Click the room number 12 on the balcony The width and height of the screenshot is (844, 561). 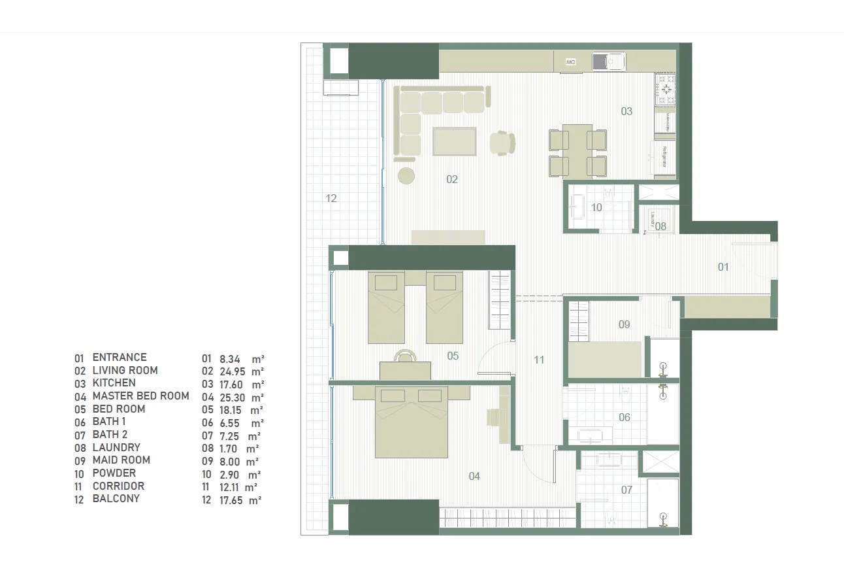331,198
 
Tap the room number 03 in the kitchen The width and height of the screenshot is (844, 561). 626,111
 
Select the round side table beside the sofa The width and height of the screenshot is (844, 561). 406,175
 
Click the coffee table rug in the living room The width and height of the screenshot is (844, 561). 455,141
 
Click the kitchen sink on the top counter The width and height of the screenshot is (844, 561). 608,61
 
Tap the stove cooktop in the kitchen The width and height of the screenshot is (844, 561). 666,90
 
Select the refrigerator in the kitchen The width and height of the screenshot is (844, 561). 664,158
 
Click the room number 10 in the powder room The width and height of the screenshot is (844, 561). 596,207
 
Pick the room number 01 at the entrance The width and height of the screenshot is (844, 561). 722,267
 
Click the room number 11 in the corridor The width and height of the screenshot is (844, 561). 538,360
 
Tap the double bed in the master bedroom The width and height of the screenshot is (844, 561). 411,423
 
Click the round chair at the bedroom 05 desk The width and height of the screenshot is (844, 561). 405,355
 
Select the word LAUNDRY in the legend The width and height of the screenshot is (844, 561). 116,447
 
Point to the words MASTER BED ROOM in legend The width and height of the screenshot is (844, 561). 140,396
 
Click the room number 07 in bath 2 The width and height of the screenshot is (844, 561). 626,489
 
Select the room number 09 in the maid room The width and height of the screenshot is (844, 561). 624,324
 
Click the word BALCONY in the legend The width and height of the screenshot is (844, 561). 116,498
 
